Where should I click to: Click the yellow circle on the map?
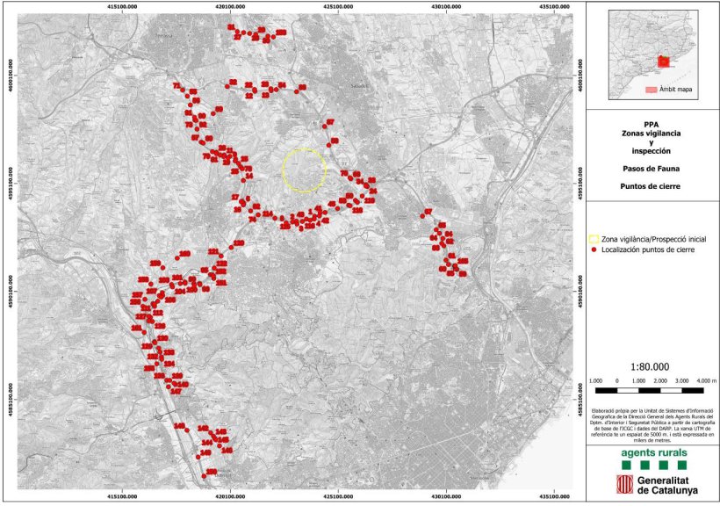tap(304, 170)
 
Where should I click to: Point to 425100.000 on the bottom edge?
tap(338, 497)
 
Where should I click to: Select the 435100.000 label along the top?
tap(555, 4)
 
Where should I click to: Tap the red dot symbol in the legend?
tap(594, 249)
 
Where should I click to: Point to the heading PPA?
tap(650, 124)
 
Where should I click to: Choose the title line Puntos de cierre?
tap(650, 186)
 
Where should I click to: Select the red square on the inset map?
tap(664, 61)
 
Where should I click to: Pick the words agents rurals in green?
tap(650, 453)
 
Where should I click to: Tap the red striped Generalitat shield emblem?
tap(625, 484)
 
